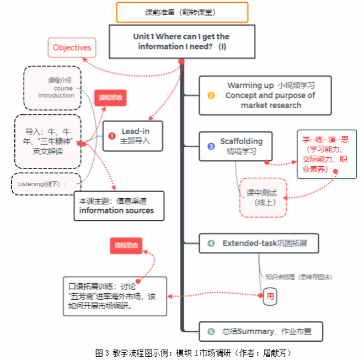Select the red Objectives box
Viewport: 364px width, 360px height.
coord(72,47)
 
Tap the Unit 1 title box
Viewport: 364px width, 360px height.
coord(181,41)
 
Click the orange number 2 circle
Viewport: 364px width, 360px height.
coord(211,95)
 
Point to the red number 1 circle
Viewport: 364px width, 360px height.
coord(111,136)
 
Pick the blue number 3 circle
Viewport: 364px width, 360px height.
coord(211,146)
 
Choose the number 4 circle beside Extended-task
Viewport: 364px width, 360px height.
coord(211,243)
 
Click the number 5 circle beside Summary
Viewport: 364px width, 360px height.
coord(211,331)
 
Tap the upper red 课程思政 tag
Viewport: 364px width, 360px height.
coord(110,98)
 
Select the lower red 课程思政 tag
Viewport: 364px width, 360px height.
coord(126,245)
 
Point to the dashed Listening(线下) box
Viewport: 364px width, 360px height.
coord(46,184)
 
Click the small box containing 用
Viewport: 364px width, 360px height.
coord(270,296)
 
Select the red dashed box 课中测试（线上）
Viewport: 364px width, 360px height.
coord(263,197)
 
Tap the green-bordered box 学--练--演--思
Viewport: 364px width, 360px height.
coord(326,154)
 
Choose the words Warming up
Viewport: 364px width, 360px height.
coord(250,86)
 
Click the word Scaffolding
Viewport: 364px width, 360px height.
coord(241,141)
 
